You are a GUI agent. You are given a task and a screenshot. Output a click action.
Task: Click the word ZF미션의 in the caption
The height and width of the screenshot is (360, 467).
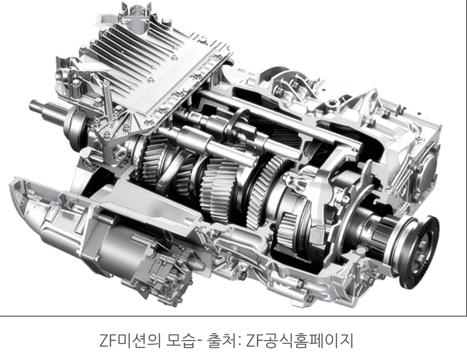pyautogui.click(x=124, y=340)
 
